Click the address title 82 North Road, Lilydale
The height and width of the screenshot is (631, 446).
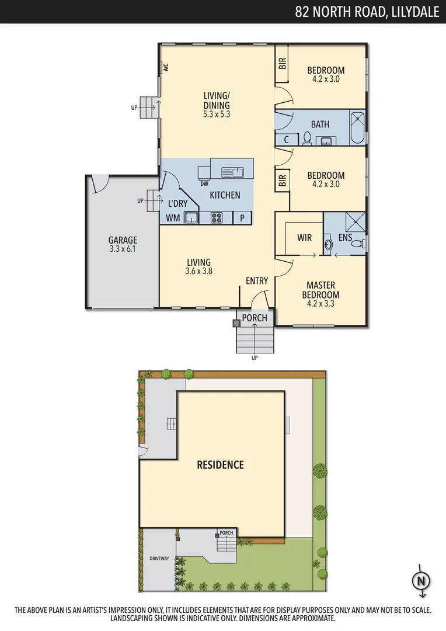coord(367,12)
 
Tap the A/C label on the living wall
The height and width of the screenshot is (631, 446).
coord(165,67)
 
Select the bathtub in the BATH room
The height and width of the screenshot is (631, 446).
coord(357,127)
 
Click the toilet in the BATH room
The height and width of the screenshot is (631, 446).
coord(307,138)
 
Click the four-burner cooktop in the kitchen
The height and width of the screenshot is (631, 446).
coord(217,218)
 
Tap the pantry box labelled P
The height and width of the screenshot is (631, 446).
coord(242,218)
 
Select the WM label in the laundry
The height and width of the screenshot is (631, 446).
coord(173,218)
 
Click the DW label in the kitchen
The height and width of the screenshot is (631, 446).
coord(204,183)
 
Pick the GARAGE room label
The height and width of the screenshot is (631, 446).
coord(123,240)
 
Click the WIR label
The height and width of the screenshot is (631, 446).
coord(305,238)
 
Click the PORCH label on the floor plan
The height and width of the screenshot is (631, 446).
coord(255,318)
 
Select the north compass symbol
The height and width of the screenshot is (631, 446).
coord(420,581)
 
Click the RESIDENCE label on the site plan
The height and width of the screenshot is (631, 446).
coord(220,465)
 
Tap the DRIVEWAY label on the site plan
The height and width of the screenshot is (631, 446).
coord(159,559)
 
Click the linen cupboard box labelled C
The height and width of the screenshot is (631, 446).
coord(287,140)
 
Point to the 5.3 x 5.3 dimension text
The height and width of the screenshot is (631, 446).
coord(217,115)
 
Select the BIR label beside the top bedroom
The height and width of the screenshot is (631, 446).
coord(283,63)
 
